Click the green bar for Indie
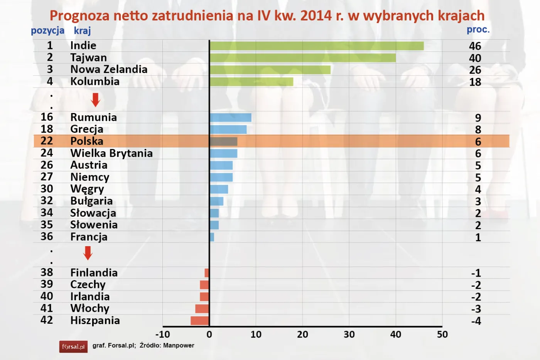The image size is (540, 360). pyautogui.click(x=316, y=46)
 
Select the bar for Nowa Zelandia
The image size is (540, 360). pyautogui.click(x=270, y=70)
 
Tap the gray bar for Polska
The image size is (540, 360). pyautogui.click(x=223, y=141)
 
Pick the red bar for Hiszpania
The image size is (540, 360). pyautogui.click(x=200, y=321)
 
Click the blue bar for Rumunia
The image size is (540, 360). pyautogui.click(x=230, y=118)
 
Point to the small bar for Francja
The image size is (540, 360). pyautogui.click(x=212, y=237)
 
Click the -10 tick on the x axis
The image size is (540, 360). pyautogui.click(x=162, y=335)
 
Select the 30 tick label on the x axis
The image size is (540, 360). pyautogui.click(x=349, y=335)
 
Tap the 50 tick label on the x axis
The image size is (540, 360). pyautogui.click(x=442, y=335)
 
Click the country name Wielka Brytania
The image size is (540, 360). pyautogui.click(x=111, y=153)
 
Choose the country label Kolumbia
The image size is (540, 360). pyautogui.click(x=95, y=81)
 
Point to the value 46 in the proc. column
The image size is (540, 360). pyautogui.click(x=475, y=46)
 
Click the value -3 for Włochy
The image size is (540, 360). pyautogui.click(x=476, y=309)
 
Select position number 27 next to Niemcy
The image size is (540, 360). pyautogui.click(x=47, y=177)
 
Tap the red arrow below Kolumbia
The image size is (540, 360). pyautogui.click(x=95, y=100)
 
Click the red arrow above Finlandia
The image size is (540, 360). pyautogui.click(x=88, y=253)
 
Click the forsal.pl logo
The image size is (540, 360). pyautogui.click(x=73, y=346)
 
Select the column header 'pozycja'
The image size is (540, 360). pyautogui.click(x=47, y=30)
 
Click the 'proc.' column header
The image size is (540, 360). pyautogui.click(x=478, y=30)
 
